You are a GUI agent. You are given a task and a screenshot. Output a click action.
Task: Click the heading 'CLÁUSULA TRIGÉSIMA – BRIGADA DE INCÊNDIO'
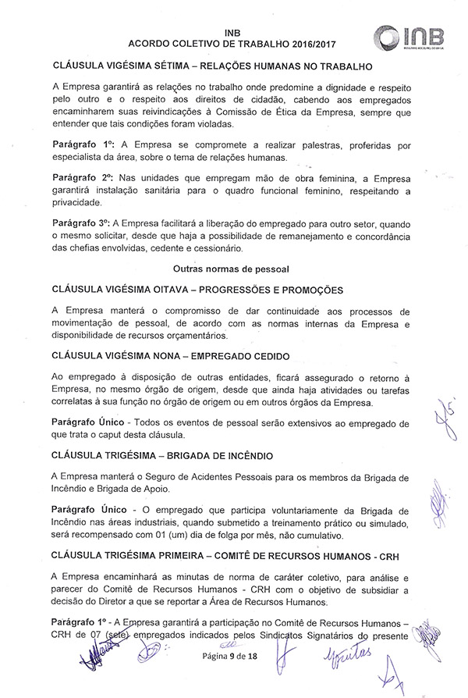[x=172, y=454]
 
